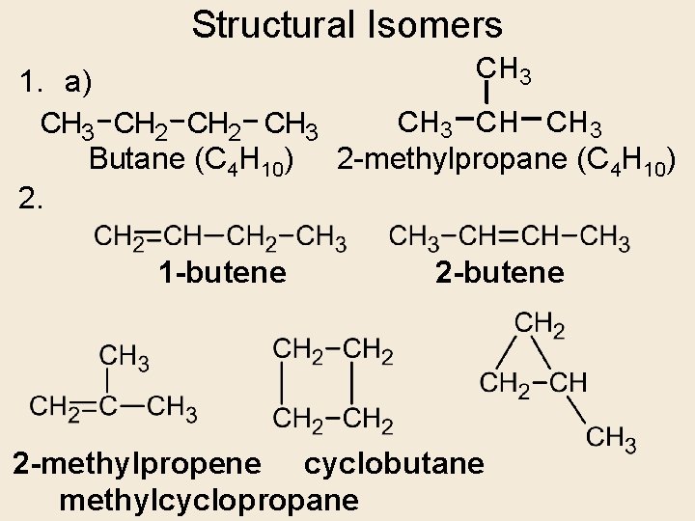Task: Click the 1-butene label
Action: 223,273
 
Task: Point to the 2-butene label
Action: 500,273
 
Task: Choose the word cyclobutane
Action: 394,464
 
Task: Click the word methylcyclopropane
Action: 208,500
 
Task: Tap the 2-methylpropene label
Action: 136,464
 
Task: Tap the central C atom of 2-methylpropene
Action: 108,407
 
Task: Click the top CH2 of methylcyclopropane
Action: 540,325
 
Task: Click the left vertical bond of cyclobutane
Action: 281,385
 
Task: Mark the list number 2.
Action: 31,200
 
